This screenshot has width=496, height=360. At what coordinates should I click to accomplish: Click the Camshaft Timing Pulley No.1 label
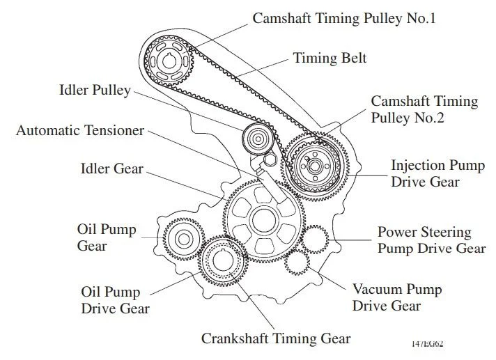(x=344, y=18)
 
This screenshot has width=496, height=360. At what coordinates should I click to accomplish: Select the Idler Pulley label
(x=95, y=91)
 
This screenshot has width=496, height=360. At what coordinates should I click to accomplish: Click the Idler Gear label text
(x=111, y=169)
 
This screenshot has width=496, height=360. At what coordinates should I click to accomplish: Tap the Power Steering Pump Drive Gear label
(x=431, y=240)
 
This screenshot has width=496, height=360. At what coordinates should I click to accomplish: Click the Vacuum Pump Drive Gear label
(x=396, y=297)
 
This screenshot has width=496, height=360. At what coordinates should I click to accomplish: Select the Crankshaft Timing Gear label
(x=276, y=339)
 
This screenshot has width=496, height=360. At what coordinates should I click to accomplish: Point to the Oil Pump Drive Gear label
(x=115, y=300)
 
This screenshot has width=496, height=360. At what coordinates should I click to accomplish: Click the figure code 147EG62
(x=427, y=343)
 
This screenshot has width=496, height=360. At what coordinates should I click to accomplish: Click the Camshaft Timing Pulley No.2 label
(x=424, y=109)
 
